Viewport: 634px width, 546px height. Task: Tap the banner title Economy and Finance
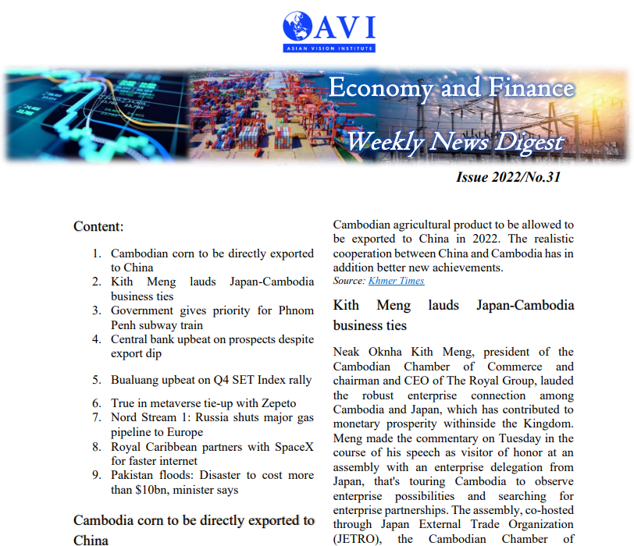(x=451, y=87)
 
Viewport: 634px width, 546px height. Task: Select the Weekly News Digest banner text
(x=454, y=142)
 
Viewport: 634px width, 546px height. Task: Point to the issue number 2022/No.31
(x=508, y=177)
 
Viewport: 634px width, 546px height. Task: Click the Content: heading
(x=98, y=226)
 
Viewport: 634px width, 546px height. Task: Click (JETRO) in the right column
(x=358, y=538)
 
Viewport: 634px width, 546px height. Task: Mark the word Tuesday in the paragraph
(x=511, y=438)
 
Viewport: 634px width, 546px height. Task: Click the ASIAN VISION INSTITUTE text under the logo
(x=329, y=48)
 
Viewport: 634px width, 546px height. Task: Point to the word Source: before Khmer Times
(x=349, y=281)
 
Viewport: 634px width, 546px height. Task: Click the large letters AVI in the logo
(x=346, y=27)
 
